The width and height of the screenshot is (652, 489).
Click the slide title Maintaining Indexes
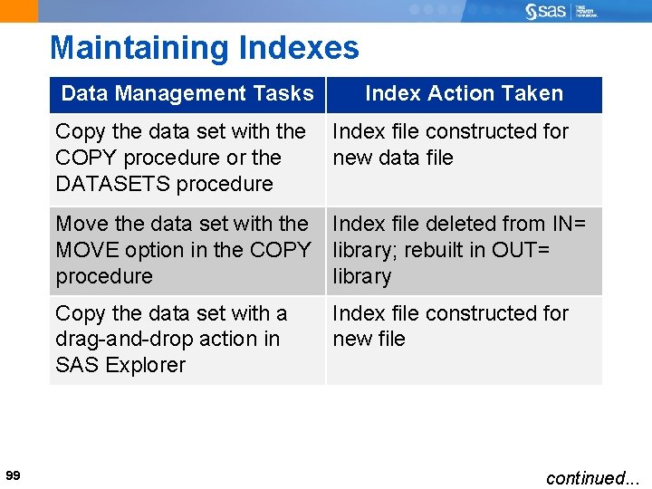(x=205, y=48)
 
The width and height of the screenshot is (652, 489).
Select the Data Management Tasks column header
(x=187, y=93)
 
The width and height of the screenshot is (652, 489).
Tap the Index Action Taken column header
(x=464, y=93)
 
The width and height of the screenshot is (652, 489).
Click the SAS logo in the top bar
(x=546, y=11)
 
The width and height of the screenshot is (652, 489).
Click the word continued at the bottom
(x=586, y=477)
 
